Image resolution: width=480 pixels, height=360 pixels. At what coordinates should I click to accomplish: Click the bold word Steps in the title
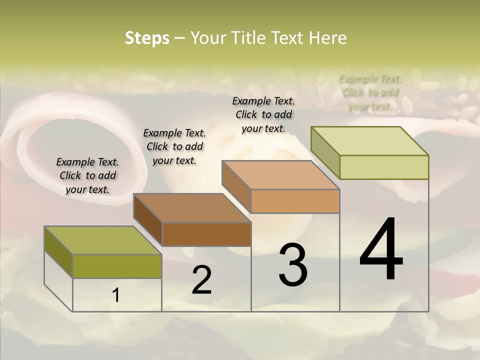(x=147, y=38)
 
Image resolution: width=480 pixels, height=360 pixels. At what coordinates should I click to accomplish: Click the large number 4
(x=381, y=250)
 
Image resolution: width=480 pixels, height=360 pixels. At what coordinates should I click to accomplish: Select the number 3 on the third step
(x=293, y=265)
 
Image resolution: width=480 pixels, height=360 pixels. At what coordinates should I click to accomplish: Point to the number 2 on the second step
(x=201, y=280)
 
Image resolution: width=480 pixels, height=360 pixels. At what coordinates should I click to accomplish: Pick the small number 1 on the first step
(x=116, y=295)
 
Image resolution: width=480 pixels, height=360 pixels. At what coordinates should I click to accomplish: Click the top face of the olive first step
(x=102, y=240)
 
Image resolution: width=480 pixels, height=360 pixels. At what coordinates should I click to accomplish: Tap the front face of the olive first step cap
(x=117, y=266)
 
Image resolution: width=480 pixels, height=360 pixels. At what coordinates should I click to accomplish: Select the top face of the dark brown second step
(x=192, y=207)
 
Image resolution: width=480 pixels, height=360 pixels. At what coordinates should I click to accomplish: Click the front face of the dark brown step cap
(x=206, y=234)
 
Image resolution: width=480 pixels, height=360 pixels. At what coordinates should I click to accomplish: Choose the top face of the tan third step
(x=280, y=175)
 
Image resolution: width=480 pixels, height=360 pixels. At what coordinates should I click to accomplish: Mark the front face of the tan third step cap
(x=295, y=201)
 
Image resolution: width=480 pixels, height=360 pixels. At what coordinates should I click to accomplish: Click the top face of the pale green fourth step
(x=370, y=140)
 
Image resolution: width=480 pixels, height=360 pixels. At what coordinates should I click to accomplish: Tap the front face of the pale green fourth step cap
(x=384, y=167)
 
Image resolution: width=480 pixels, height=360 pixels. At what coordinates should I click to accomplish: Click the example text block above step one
(x=87, y=175)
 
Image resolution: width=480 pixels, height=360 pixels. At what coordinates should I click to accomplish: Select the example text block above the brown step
(x=174, y=146)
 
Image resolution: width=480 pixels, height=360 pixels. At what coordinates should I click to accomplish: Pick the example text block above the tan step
(x=263, y=114)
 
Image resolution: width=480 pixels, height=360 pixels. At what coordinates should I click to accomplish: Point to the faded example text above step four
(x=370, y=92)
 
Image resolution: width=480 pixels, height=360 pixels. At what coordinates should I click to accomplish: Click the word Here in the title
(x=327, y=38)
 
